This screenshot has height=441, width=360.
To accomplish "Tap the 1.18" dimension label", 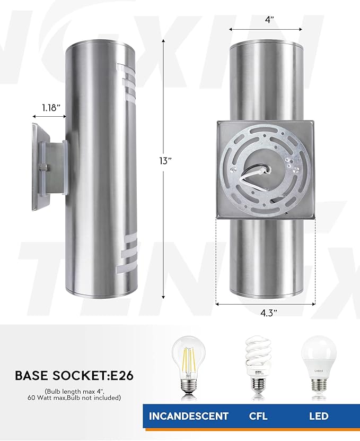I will tap(52, 108).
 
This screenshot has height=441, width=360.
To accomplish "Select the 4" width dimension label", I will tap(270, 20).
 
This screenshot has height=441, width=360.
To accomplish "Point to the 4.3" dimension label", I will tap(268, 313).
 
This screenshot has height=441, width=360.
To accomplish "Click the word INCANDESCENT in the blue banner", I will tap(189, 416).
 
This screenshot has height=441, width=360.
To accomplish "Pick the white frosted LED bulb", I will tap(318, 361).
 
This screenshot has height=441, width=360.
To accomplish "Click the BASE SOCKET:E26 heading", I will tap(74, 376).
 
